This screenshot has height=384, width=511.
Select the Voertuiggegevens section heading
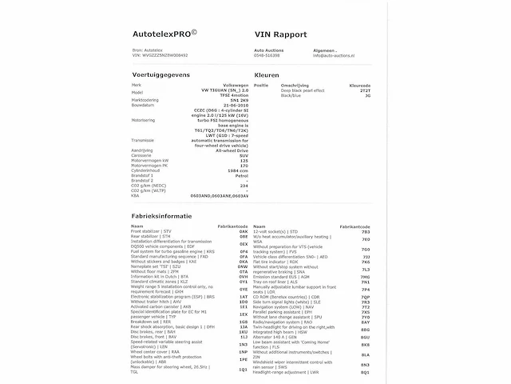161,74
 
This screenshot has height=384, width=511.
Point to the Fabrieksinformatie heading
161,217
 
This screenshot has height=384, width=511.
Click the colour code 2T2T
365,91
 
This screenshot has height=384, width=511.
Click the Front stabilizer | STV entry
151,231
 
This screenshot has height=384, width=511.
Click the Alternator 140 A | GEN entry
279,337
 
